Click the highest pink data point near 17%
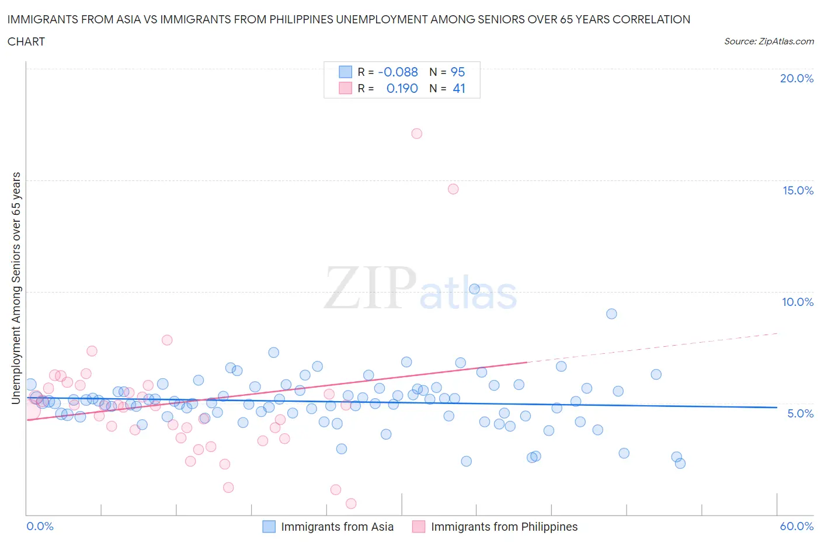tap(416, 133)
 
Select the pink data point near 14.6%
tap(453, 189)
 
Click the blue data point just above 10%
tap(474, 289)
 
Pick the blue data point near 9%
tap(611, 314)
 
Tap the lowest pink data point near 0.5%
tap(351, 503)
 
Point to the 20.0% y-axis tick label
tap(796, 78)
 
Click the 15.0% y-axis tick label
tap(798, 190)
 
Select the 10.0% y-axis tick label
tap(798, 302)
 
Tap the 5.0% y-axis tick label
tap(800, 413)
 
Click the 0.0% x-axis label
tap(40, 526)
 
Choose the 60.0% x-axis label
tap(796, 526)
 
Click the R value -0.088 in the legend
tap(398, 72)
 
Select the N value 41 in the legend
tap(459, 88)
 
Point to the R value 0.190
tap(402, 88)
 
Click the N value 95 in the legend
tap(458, 72)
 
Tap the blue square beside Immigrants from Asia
tap(269, 527)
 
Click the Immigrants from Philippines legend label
tap(504, 527)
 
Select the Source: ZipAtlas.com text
tap(769, 41)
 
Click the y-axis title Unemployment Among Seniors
tap(16, 288)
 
